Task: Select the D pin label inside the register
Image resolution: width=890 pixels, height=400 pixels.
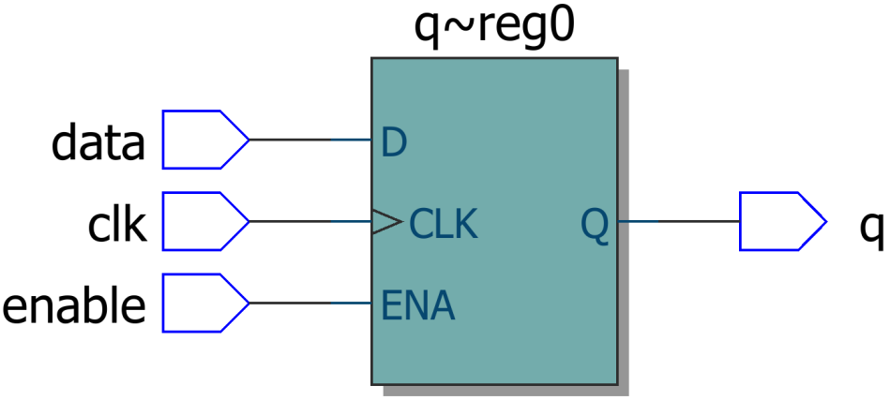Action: click(x=394, y=143)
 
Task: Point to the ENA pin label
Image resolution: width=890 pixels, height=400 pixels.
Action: click(x=418, y=305)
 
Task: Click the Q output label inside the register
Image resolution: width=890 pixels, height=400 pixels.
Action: click(x=594, y=224)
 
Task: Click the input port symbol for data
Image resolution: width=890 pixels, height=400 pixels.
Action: click(x=203, y=140)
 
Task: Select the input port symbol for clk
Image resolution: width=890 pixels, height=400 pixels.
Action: click(x=203, y=221)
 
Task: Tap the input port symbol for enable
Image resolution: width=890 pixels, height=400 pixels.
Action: click(x=203, y=303)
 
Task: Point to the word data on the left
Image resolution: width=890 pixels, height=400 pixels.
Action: click(x=98, y=143)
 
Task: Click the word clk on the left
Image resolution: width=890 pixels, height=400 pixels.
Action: click(x=116, y=225)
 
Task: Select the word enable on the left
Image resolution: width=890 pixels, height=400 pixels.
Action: click(x=75, y=306)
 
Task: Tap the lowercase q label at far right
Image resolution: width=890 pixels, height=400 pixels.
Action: click(x=871, y=228)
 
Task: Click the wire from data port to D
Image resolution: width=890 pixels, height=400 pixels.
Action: click(x=309, y=140)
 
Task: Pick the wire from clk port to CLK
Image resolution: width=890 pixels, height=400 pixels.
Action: click(x=309, y=222)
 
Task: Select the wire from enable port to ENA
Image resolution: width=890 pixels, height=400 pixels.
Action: click(x=309, y=304)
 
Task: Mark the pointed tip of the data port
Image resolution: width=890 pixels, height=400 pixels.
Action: click(x=248, y=140)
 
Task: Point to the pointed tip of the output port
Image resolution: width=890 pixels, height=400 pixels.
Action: click(x=825, y=222)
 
